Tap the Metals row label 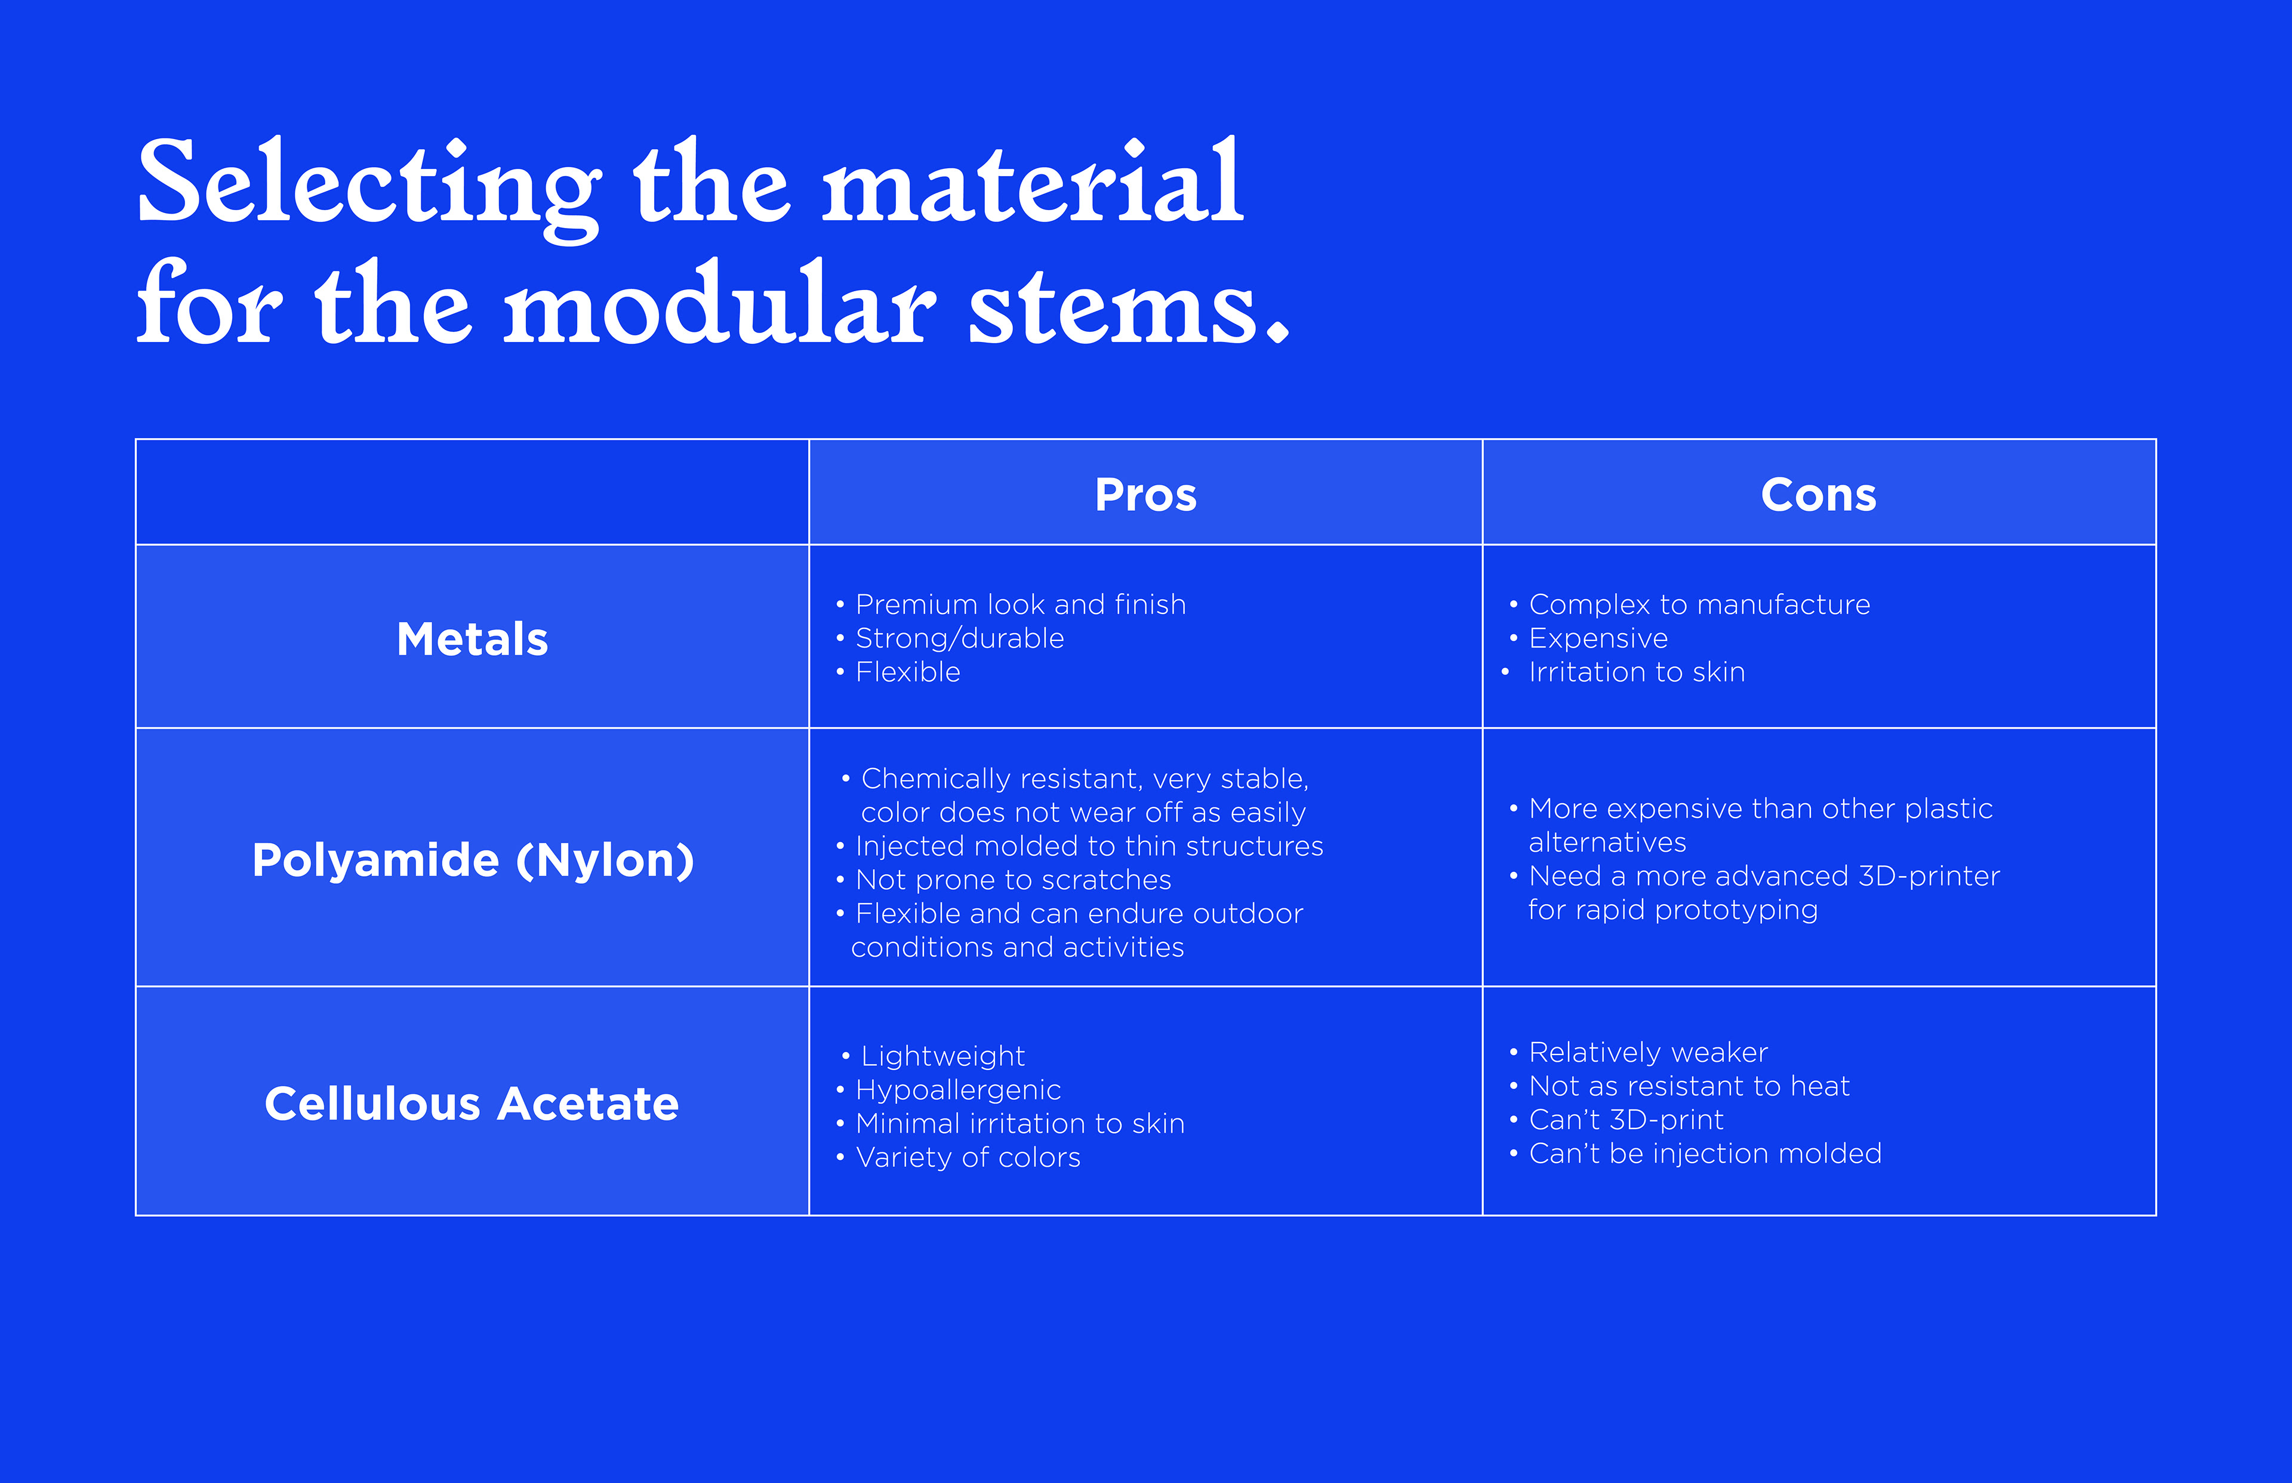click(472, 639)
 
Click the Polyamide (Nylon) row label click(473, 860)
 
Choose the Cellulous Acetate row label click(472, 1103)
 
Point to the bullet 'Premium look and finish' click(1011, 605)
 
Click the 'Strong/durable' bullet click(950, 639)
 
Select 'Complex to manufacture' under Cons click(1690, 605)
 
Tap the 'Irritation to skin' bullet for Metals click(1624, 672)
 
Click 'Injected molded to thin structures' click(1080, 846)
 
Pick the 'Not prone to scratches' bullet click(1003, 880)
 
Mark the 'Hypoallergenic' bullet click(948, 1090)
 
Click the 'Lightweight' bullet click(933, 1056)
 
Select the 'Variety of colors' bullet click(958, 1158)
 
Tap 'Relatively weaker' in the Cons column click(1638, 1053)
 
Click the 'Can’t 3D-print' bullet click(1616, 1120)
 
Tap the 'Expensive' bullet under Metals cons click(1588, 639)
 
